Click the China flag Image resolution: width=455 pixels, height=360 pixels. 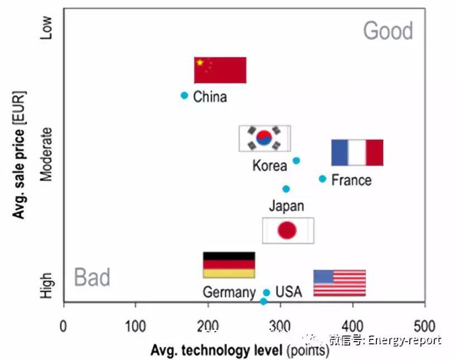click(220, 70)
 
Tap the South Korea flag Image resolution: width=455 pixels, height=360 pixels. click(264, 138)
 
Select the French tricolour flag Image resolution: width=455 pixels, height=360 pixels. click(357, 152)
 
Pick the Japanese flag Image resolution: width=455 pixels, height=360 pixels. click(288, 230)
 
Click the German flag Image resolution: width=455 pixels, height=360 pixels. click(229, 265)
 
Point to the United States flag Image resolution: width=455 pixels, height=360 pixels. click(339, 283)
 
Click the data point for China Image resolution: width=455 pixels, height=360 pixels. click(184, 95)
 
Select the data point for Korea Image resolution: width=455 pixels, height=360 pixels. click(296, 160)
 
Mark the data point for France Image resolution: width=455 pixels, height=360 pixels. click(322, 179)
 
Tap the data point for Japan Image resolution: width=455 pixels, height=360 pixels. click(286, 189)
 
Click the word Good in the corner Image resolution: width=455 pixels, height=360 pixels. click(388, 31)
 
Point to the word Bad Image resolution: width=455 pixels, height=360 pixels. click(92, 277)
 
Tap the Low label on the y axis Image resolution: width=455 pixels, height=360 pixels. click(47, 28)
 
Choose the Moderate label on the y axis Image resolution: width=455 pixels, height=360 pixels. click(47, 154)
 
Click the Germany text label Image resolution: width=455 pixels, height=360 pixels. click(229, 292)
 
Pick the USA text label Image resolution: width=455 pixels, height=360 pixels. click(288, 291)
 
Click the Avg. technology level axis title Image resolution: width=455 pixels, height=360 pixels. click(239, 351)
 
